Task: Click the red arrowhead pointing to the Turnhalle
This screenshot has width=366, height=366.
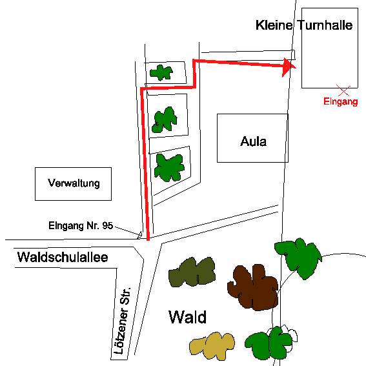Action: pos(289,67)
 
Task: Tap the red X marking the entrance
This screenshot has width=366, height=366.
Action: pos(343,90)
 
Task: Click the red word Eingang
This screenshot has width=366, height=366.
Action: pos(341,101)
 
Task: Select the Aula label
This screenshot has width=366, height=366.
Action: pos(253,141)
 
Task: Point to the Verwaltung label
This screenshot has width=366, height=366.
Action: pos(74,183)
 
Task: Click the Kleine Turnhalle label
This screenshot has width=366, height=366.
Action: pos(304,25)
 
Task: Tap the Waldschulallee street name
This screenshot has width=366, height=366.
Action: pos(63,257)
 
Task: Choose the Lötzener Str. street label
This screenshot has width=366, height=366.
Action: pos(122,321)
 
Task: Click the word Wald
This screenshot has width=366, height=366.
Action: pos(187,317)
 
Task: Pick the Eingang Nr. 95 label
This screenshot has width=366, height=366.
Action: pos(81,226)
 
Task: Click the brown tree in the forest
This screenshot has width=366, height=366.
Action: pos(253,287)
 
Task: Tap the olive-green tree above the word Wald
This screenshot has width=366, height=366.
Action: pos(192,272)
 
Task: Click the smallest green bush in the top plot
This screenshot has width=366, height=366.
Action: pos(161,72)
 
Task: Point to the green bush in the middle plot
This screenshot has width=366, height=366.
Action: pos(165,120)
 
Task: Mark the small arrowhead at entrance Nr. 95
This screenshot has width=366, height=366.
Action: pos(139,235)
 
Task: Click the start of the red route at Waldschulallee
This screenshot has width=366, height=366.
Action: pos(148,239)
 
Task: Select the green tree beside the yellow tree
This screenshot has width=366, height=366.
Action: pos(269,343)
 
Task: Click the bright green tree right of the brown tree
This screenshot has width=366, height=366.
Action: pos(298,258)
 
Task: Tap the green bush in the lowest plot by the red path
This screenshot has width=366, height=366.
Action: pos(169,168)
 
